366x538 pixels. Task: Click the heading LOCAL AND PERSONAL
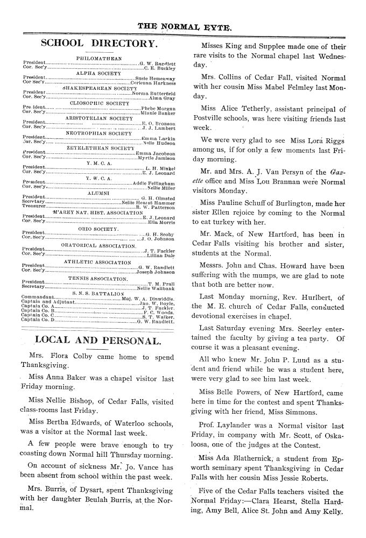[x=97, y=340]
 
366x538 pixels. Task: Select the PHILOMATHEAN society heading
[x=99, y=58]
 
